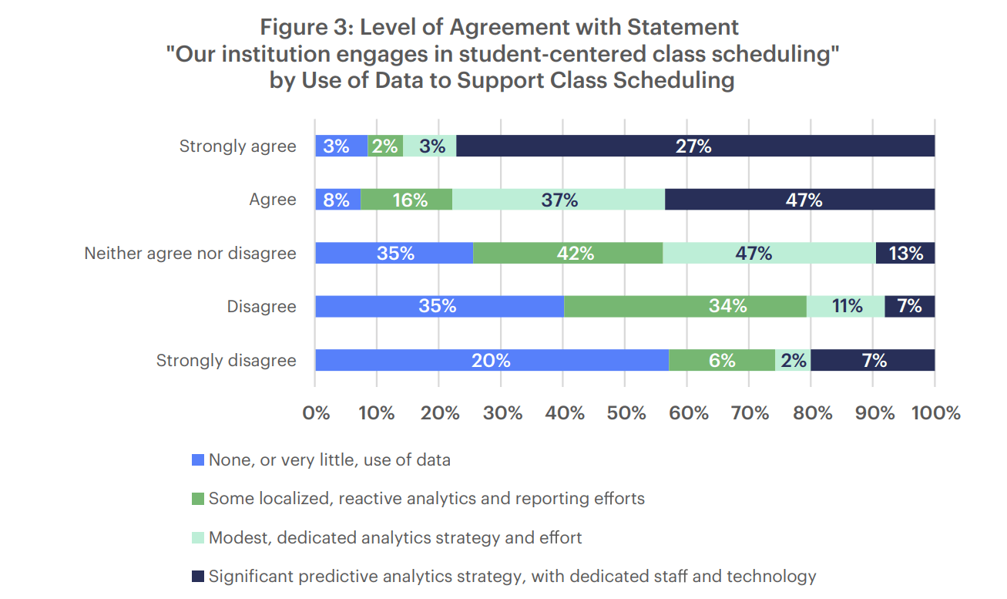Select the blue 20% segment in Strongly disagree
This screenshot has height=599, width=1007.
pos(492,360)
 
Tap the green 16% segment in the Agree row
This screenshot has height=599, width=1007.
pos(406,200)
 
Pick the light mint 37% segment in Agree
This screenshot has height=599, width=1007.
pos(559,200)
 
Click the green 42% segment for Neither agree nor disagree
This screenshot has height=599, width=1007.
pos(568,253)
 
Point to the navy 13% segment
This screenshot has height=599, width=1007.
pos(905,253)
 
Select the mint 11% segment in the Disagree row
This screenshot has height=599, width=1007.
pos(845,306)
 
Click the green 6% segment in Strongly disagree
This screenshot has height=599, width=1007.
pos(722,360)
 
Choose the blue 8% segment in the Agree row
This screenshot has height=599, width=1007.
pos(337,200)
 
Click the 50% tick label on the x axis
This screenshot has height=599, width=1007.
pos(626,413)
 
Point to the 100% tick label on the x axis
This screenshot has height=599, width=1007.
pos(935,413)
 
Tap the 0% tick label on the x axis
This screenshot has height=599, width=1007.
pos(316,413)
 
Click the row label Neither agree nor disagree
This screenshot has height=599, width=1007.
pos(190,253)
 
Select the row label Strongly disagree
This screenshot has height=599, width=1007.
pos(226,360)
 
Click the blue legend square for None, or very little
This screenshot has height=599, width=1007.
pos(197,460)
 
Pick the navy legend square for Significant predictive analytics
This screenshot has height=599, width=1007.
pos(197,576)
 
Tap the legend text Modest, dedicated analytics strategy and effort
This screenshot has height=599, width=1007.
pos(395,537)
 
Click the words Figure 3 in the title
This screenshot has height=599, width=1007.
pos(307,27)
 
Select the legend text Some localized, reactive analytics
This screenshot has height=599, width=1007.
pos(426,499)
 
